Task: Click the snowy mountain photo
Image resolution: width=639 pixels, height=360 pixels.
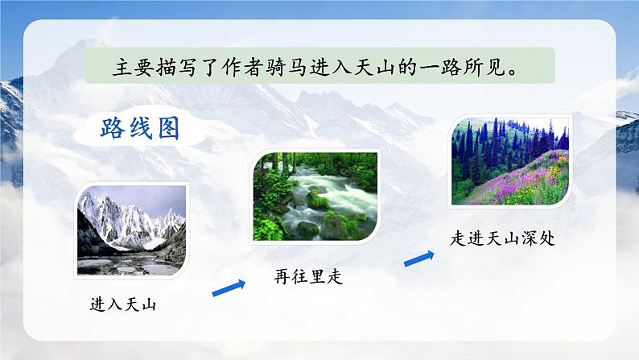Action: [x=132, y=230]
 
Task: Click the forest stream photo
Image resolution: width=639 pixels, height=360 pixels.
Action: [x=315, y=196]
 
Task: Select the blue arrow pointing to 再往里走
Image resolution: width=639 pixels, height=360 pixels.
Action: [x=229, y=286]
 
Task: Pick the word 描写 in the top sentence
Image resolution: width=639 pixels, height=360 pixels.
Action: [x=172, y=67]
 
